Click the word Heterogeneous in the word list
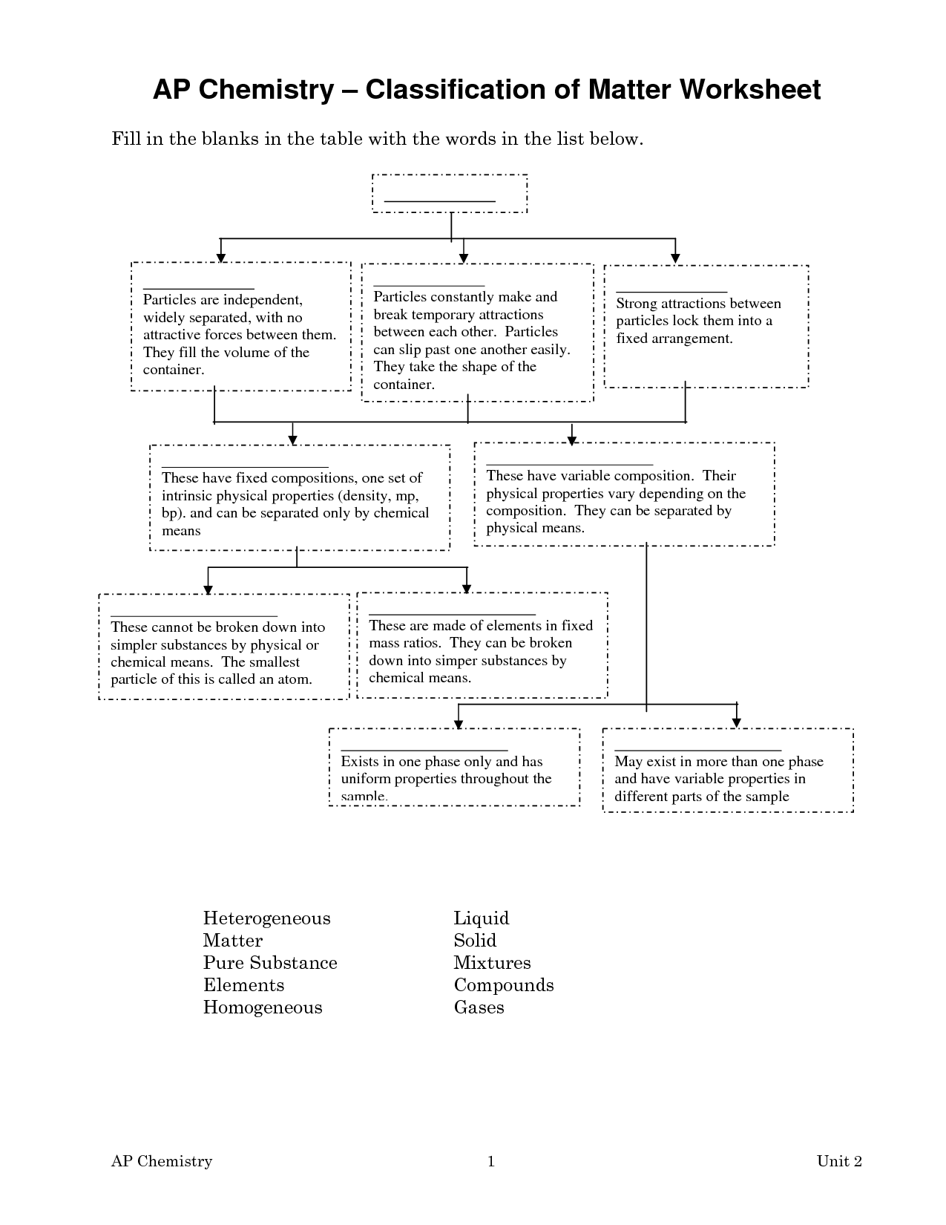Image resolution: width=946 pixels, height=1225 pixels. pos(266,918)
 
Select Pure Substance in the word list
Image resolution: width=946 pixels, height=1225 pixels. pos(270,962)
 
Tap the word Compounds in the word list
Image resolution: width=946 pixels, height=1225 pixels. pos(504,985)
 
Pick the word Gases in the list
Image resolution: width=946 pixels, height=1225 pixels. pos(479,1007)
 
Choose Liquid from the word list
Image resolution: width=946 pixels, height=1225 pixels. pos(482,918)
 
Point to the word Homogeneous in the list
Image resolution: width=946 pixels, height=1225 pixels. pos(263,1007)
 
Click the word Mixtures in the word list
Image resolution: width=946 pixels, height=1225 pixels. pos(492,962)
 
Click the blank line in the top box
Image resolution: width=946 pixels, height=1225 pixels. pos(439,201)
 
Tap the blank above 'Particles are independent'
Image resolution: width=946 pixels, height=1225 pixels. pos(198,289)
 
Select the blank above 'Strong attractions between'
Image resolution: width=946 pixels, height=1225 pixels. pos(671,292)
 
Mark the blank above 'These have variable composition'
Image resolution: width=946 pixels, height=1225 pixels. pos(569,465)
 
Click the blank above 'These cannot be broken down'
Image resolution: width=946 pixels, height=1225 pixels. pos(194,616)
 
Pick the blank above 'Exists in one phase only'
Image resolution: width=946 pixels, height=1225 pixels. pos(424,751)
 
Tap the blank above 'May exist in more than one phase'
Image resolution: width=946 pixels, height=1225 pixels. pos(697,751)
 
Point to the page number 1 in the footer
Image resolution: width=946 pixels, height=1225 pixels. pos(490,1160)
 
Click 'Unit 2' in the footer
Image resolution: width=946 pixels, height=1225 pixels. pos(839,1160)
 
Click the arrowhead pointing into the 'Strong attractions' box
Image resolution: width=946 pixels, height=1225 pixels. pos(675,259)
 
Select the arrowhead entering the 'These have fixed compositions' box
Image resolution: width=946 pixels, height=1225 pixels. pos(292,441)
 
